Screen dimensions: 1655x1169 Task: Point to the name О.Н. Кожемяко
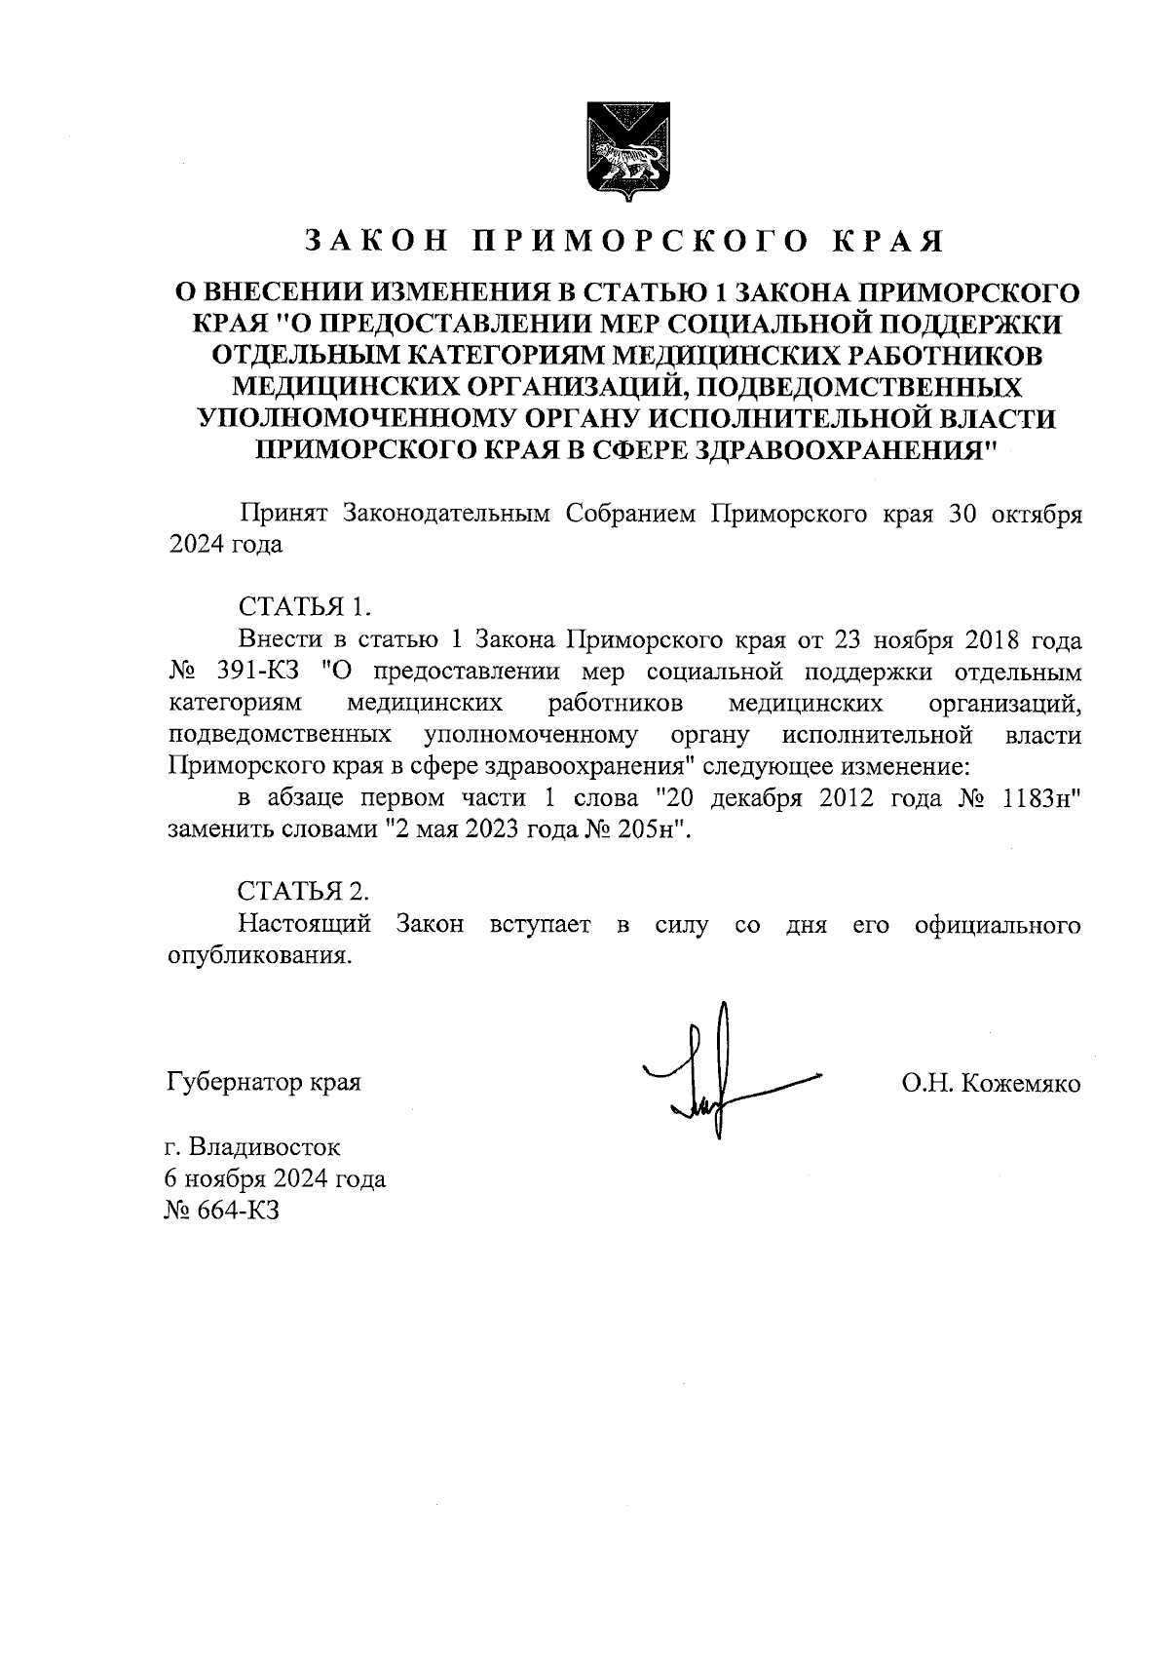[991, 1083]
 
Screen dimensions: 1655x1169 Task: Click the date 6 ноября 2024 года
[276, 1179]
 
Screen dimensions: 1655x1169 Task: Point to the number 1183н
[1040, 798]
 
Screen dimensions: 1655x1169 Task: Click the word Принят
[282, 515]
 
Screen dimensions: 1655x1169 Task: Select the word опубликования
[258, 955]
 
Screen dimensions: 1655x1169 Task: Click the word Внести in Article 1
[279, 640]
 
